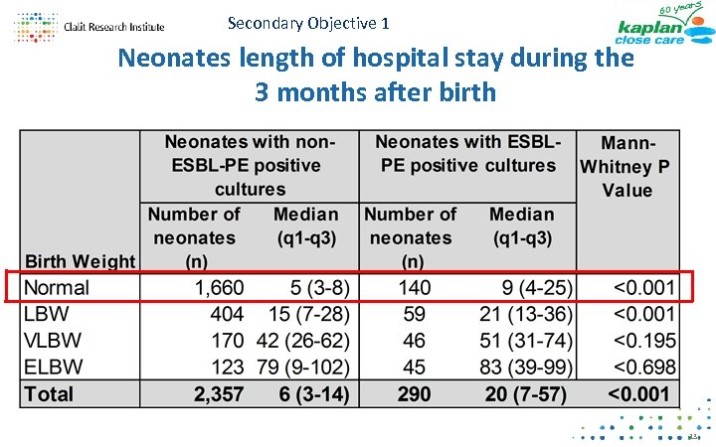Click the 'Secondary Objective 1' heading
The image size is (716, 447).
tap(308, 22)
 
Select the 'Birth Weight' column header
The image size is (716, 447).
tap(80, 262)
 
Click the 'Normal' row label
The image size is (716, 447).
tap(57, 288)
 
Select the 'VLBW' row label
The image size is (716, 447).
tap(52, 341)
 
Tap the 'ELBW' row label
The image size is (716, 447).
tap(52, 367)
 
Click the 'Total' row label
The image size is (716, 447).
tap(49, 393)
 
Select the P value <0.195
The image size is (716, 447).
tap(643, 341)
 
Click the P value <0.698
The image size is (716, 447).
tap(643, 367)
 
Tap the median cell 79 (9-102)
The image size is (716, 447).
tap(297, 367)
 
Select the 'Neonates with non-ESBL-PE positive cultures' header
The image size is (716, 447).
tap(250, 166)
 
